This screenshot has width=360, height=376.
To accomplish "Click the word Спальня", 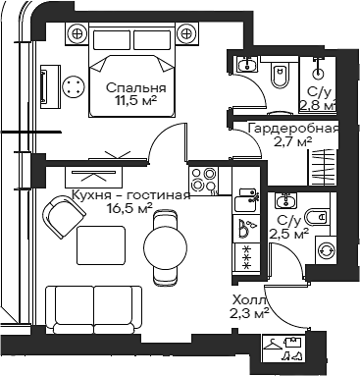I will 135,86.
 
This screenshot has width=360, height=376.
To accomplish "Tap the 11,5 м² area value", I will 135,100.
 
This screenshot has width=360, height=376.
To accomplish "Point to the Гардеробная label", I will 293,128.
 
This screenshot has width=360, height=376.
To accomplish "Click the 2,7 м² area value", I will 293,141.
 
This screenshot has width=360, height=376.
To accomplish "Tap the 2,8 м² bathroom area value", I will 317,104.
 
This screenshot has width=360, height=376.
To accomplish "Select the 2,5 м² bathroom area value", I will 288,235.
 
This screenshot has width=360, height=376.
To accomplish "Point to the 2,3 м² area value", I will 248,314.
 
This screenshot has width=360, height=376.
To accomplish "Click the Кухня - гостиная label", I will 130,194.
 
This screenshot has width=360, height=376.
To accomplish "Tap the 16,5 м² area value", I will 130,208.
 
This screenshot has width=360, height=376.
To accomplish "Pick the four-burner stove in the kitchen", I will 202,180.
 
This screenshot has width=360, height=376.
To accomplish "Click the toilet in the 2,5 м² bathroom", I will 316,216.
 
